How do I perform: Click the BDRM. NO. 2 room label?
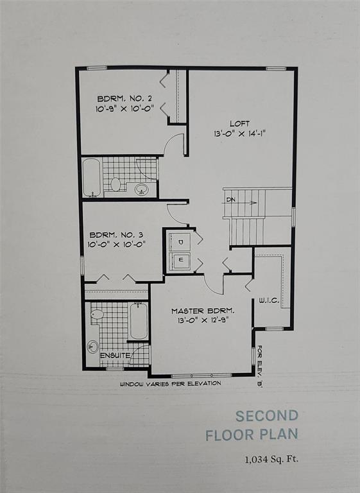pyautogui.click(x=124, y=98)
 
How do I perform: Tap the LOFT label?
pyautogui.click(x=240, y=123)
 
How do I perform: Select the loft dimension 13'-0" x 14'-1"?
pyautogui.click(x=240, y=134)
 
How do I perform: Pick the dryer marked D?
pyautogui.click(x=180, y=242)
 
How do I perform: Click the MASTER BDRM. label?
pyautogui.click(x=200, y=310)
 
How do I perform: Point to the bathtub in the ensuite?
pyautogui.click(x=139, y=321)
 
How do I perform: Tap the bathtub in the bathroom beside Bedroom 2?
pyautogui.click(x=91, y=177)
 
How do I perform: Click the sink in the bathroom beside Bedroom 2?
pyautogui.click(x=141, y=189)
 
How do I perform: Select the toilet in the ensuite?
pyautogui.click(x=97, y=315)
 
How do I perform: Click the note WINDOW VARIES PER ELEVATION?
pyautogui.click(x=170, y=384)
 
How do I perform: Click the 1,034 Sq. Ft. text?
pyautogui.click(x=271, y=459)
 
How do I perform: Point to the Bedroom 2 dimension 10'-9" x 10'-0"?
pyautogui.click(x=124, y=108)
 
